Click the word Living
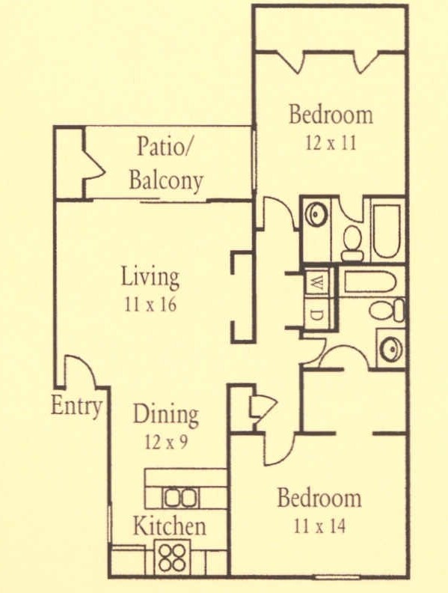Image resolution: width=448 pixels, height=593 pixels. (x=150, y=278)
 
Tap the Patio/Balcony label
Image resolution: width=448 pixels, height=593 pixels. (x=165, y=163)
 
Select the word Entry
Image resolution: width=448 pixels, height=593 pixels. (x=76, y=407)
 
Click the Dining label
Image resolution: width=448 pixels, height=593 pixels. (x=165, y=415)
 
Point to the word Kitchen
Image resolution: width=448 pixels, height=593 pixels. (x=169, y=526)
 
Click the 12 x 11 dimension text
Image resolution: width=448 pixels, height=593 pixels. (x=331, y=142)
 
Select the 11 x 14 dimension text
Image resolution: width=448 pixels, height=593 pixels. (x=319, y=526)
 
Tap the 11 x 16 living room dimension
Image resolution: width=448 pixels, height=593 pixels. (x=150, y=305)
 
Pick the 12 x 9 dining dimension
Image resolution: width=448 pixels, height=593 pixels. (x=165, y=441)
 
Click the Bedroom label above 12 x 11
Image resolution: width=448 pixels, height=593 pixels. (x=331, y=115)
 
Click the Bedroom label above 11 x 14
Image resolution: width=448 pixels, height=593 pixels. (x=319, y=499)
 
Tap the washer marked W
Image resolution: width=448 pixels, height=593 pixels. (x=317, y=283)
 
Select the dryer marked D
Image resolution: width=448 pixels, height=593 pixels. (x=317, y=314)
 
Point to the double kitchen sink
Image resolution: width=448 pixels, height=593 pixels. (x=181, y=497)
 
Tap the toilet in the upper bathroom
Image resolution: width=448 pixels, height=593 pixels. (x=351, y=241)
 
